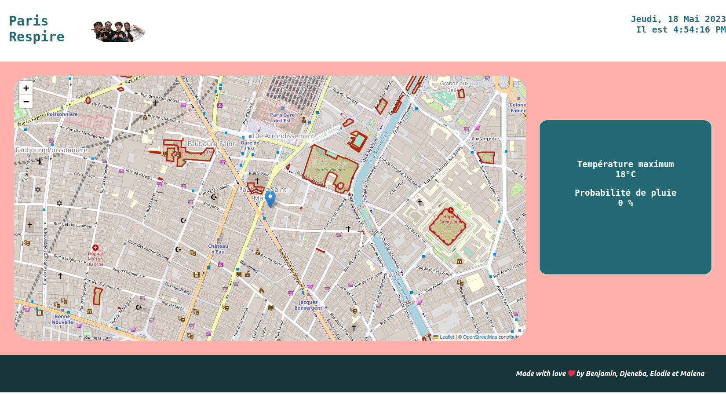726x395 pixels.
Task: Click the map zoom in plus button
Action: pos(26,88)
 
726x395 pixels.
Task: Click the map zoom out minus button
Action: pos(26,102)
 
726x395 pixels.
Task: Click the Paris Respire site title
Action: pos(36,29)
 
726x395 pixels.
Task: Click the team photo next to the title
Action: pos(118,31)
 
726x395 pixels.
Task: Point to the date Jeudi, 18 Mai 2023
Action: pos(678,19)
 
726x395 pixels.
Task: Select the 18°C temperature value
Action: pos(625,174)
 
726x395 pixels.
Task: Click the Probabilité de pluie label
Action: pos(625,193)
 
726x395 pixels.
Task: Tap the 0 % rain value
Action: pos(625,203)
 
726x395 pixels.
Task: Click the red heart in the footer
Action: pos(571,373)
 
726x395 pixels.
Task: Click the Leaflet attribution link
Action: pos(446,337)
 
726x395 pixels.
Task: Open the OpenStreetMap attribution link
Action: pos(480,337)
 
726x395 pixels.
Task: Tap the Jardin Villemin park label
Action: pos(331,169)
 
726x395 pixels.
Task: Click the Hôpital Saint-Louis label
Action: pos(450,219)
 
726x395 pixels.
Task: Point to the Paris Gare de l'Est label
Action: pos(282,117)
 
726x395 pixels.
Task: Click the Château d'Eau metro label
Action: pos(218,249)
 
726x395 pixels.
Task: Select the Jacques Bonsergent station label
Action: pos(308,305)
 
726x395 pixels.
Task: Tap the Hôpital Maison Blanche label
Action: pos(95,259)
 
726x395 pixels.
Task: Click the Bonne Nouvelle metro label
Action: pos(62,319)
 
